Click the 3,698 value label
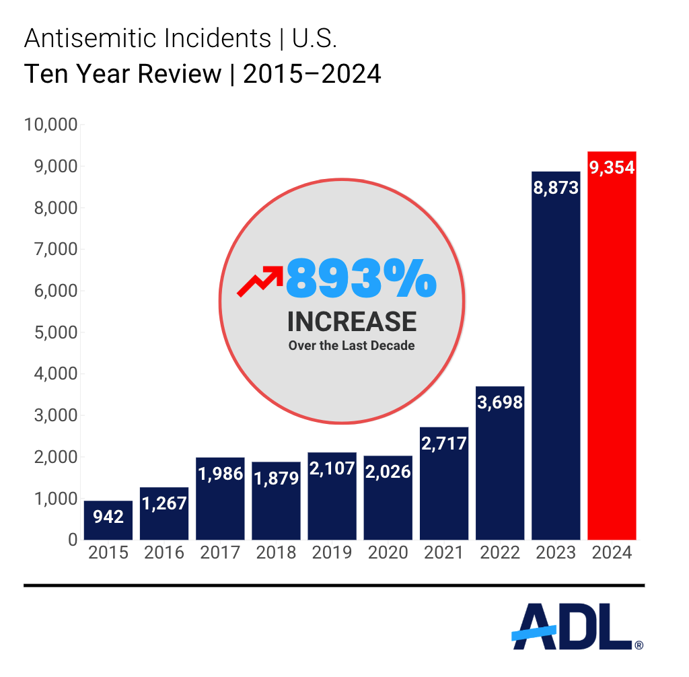[x=500, y=402]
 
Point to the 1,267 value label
[x=164, y=503]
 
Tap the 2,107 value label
[x=332, y=468]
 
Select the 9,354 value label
[x=612, y=168]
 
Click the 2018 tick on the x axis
[x=276, y=553]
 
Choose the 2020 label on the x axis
[x=388, y=553]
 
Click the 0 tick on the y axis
[x=72, y=540]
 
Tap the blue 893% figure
[x=361, y=279]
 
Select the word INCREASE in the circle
[x=352, y=322]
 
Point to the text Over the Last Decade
[x=352, y=346]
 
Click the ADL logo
[x=575, y=627]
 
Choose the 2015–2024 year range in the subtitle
[x=312, y=74]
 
